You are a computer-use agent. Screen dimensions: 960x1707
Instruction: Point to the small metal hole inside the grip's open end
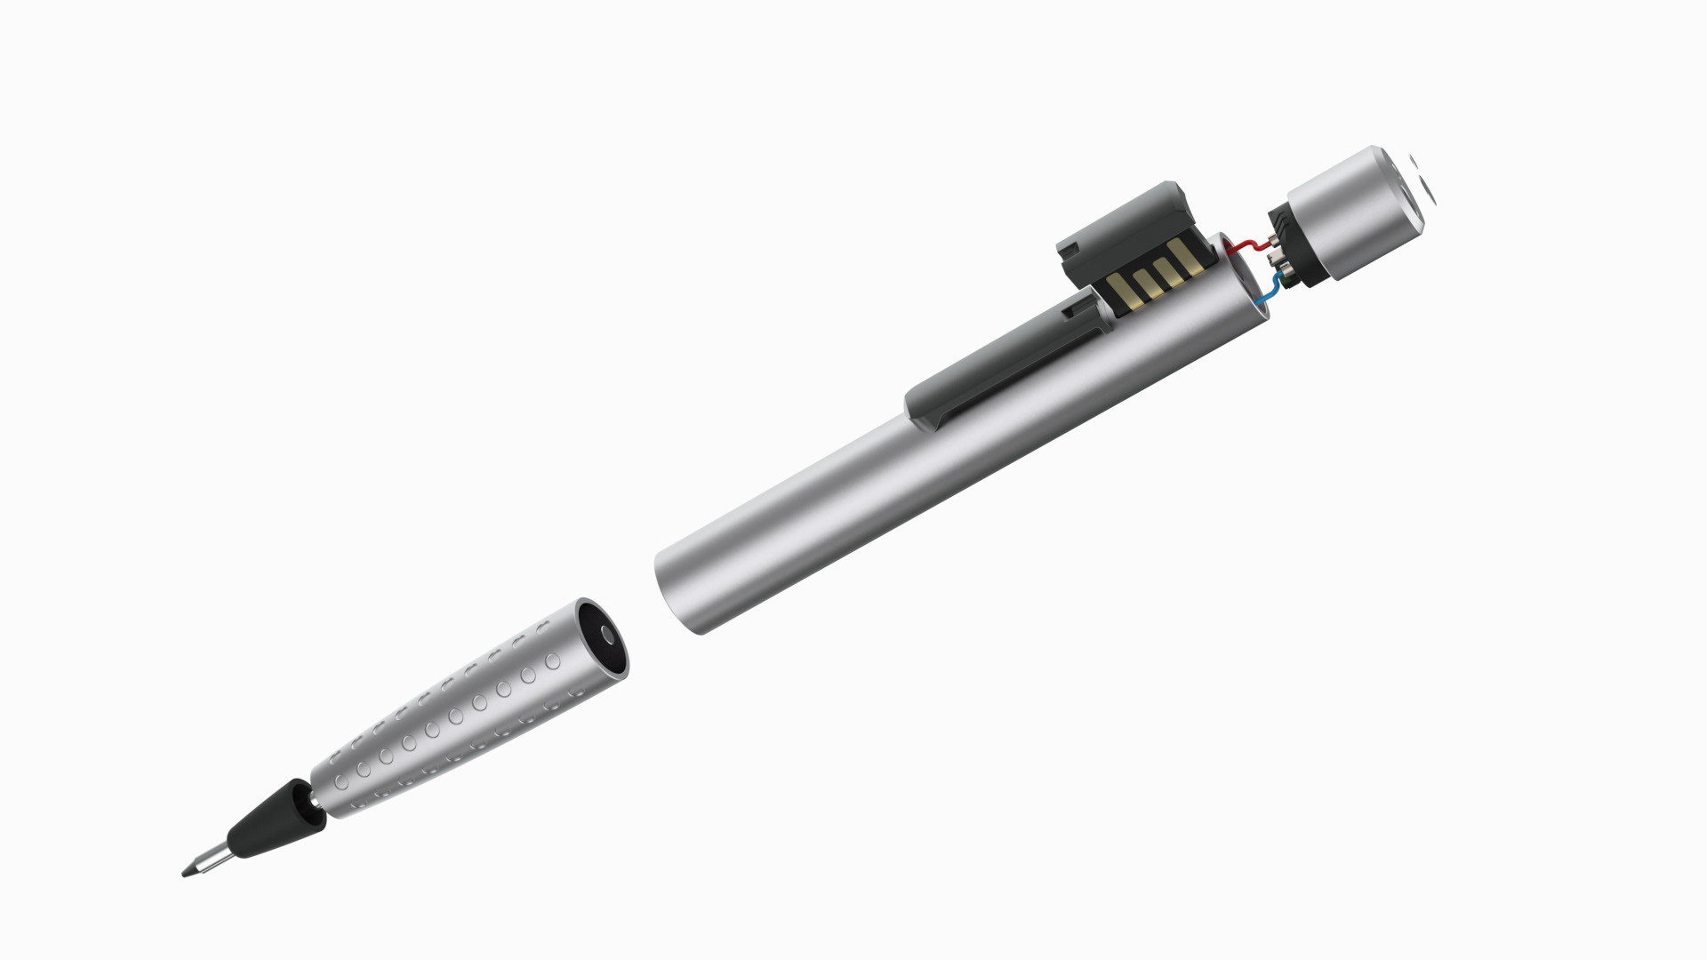607,634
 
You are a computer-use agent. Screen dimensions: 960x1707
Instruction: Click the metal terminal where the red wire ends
1272,239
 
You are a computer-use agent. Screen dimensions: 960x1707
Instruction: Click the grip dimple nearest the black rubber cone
341,782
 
